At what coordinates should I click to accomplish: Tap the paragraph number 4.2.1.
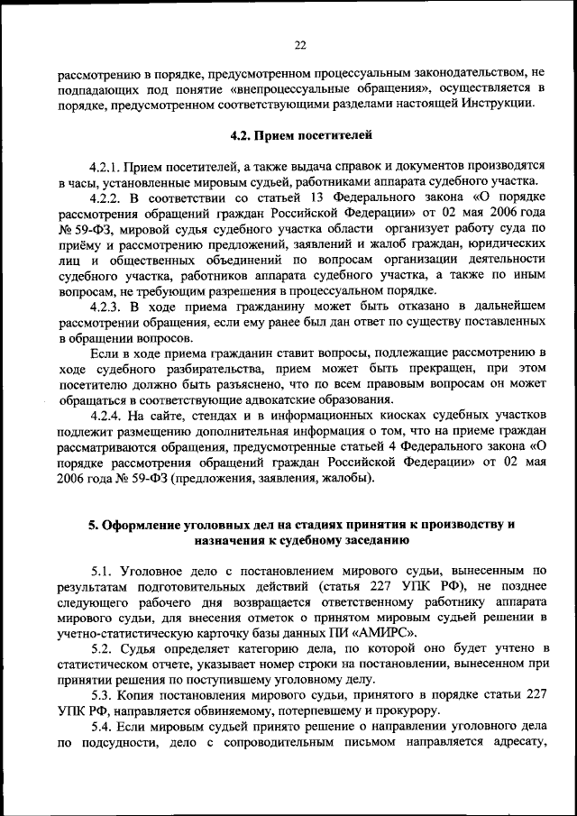pos(105,168)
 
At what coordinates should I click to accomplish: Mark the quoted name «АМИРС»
pos(381,633)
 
